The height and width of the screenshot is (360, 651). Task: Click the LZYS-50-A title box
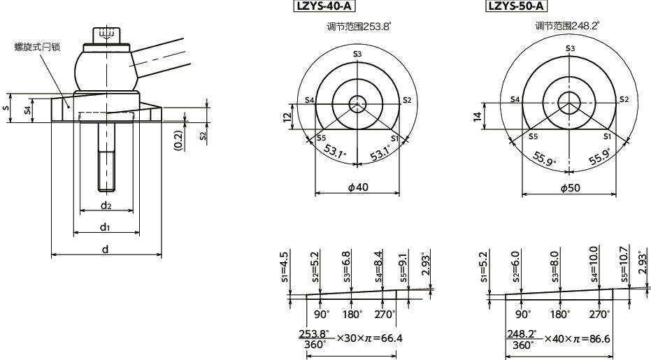[x=516, y=8]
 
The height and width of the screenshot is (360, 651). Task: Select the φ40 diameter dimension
[x=357, y=187]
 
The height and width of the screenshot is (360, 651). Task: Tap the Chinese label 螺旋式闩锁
[x=38, y=47]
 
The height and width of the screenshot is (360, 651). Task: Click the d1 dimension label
[x=104, y=226]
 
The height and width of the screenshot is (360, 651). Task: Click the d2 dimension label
[x=106, y=206]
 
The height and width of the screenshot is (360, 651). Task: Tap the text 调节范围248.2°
[x=568, y=26]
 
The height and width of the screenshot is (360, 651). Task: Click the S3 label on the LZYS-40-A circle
[x=357, y=54]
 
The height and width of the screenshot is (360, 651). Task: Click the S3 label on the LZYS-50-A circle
[x=570, y=48]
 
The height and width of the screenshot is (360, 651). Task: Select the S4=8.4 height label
[x=379, y=264]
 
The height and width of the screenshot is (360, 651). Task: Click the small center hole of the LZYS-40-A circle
[x=357, y=104]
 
